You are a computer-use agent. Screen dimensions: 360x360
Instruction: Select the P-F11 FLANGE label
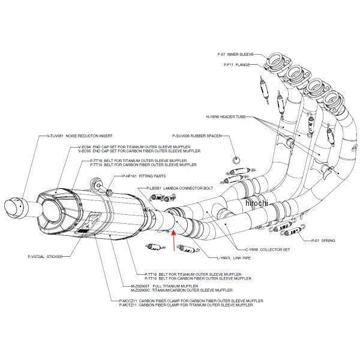coord(236,64)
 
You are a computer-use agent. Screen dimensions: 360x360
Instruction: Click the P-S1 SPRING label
coord(324,240)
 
